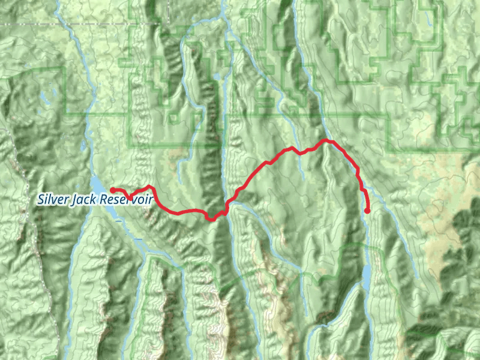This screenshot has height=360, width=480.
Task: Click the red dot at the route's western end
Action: (x=113, y=190)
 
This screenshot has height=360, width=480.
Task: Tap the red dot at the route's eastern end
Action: (x=367, y=211)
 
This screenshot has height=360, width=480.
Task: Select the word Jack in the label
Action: (x=84, y=199)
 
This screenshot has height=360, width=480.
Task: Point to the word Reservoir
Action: (x=127, y=199)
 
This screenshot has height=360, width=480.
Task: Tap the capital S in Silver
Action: (x=40, y=199)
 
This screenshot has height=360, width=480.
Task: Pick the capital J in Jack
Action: (x=73, y=199)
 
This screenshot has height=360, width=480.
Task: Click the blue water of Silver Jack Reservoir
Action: (x=96, y=184)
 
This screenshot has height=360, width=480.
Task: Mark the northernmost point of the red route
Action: (x=326, y=140)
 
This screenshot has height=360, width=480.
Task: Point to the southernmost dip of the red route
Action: (x=211, y=220)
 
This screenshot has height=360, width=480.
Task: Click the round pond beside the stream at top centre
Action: (x=215, y=77)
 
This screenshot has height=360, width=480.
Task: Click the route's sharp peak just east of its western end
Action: (x=148, y=186)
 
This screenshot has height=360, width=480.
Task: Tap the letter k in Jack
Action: (x=95, y=199)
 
